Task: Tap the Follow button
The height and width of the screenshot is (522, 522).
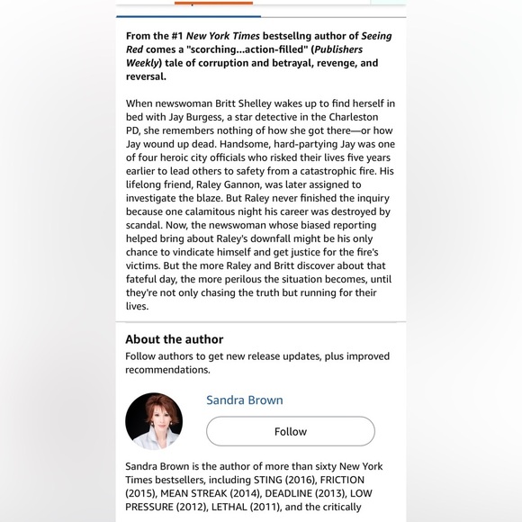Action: tap(290, 431)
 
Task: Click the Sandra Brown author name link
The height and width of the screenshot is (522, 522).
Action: tap(244, 400)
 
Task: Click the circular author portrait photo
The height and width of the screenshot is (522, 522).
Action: tap(154, 420)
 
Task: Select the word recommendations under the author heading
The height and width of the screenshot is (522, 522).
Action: tap(167, 370)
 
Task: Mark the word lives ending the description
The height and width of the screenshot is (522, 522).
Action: tap(137, 306)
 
